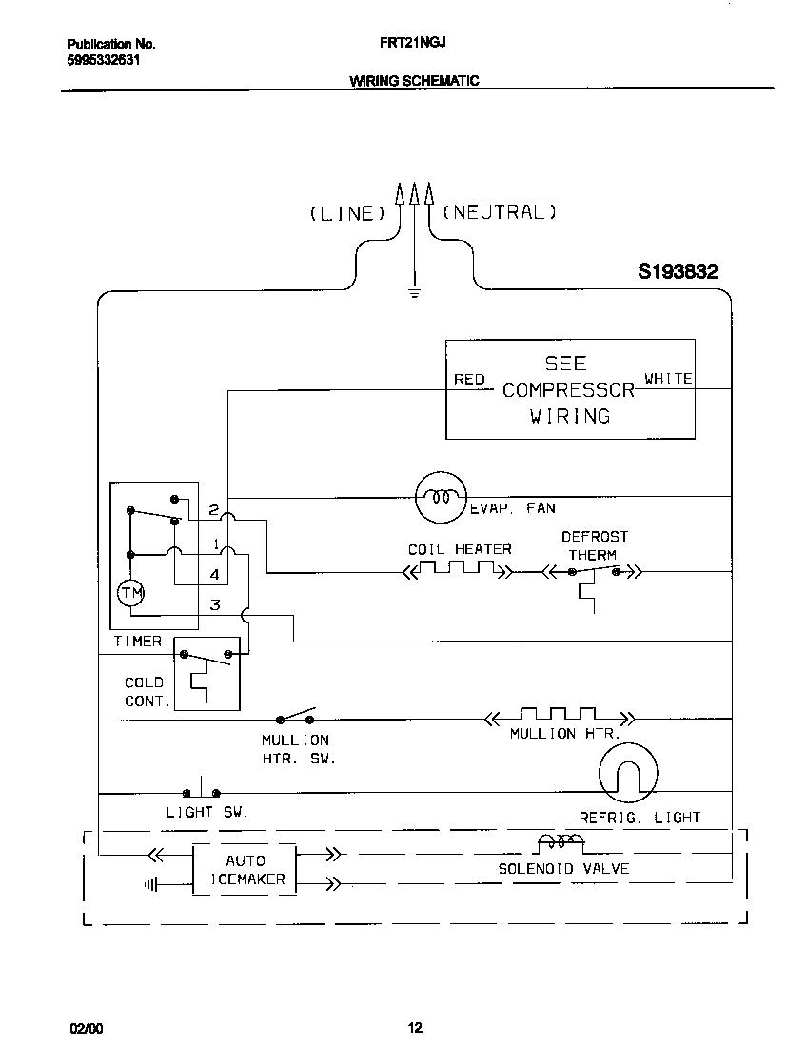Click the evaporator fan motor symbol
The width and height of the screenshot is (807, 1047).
click(x=441, y=497)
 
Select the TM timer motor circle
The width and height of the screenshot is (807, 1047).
click(x=130, y=593)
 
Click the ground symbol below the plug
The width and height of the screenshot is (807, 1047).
click(x=414, y=291)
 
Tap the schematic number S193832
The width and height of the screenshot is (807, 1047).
click(x=678, y=272)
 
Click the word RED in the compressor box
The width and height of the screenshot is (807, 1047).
click(x=469, y=379)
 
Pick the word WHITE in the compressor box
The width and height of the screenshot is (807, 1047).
click(x=668, y=379)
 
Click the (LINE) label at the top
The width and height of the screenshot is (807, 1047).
click(x=346, y=213)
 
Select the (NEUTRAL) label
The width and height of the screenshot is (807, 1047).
click(x=499, y=212)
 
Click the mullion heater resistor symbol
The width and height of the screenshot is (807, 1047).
click(x=559, y=715)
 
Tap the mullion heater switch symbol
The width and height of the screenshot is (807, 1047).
click(x=295, y=717)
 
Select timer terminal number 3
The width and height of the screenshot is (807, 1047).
click(x=215, y=604)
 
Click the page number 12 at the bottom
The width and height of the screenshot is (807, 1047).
click(x=415, y=1027)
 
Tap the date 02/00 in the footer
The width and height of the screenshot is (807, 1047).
click(x=86, y=1028)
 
